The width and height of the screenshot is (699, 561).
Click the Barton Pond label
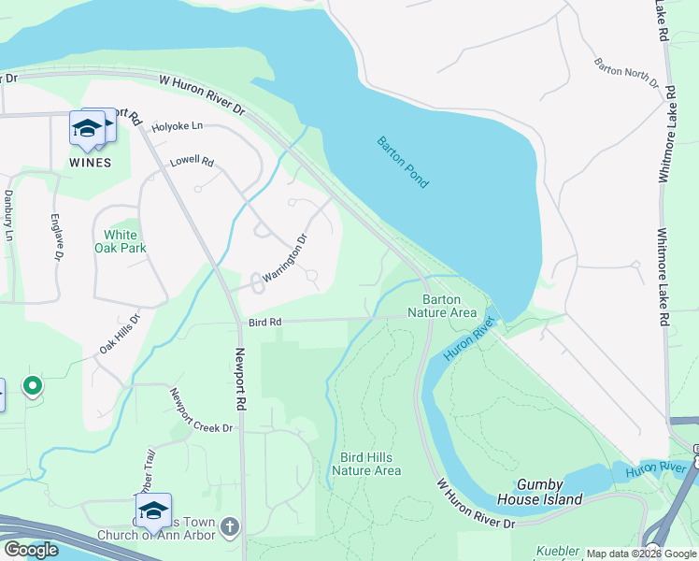pos(403,163)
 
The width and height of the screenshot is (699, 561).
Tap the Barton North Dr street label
pos(626,74)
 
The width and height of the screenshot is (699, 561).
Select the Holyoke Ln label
pos(178,126)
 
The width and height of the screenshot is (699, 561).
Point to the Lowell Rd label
pos(192,162)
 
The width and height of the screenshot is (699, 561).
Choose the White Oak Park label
pos(121,241)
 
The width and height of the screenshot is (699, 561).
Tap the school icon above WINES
pos(87,128)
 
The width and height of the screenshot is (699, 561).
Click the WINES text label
pos(90,162)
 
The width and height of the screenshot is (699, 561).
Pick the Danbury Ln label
pos(8,214)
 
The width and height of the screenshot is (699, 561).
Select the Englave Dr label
pos(58,236)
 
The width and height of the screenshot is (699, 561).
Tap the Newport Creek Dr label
pos(200,411)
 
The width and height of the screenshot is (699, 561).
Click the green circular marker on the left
pos(33,385)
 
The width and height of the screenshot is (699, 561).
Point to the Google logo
pos(31,550)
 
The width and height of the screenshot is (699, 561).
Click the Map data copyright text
pos(641,554)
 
